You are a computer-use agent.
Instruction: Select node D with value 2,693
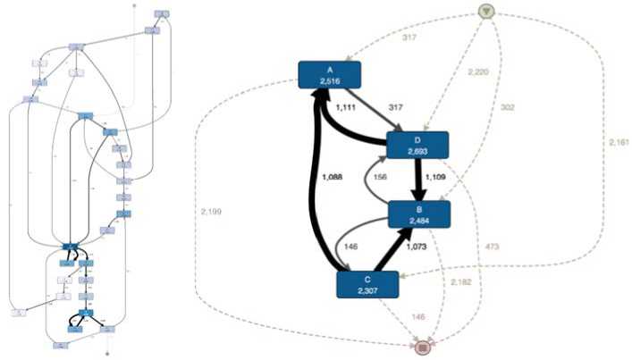417,146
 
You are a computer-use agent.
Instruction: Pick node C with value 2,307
367,284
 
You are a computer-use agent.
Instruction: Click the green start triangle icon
485,12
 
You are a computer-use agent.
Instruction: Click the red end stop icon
426,345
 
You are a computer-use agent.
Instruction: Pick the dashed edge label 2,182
461,281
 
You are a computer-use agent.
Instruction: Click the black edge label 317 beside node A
385,108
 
